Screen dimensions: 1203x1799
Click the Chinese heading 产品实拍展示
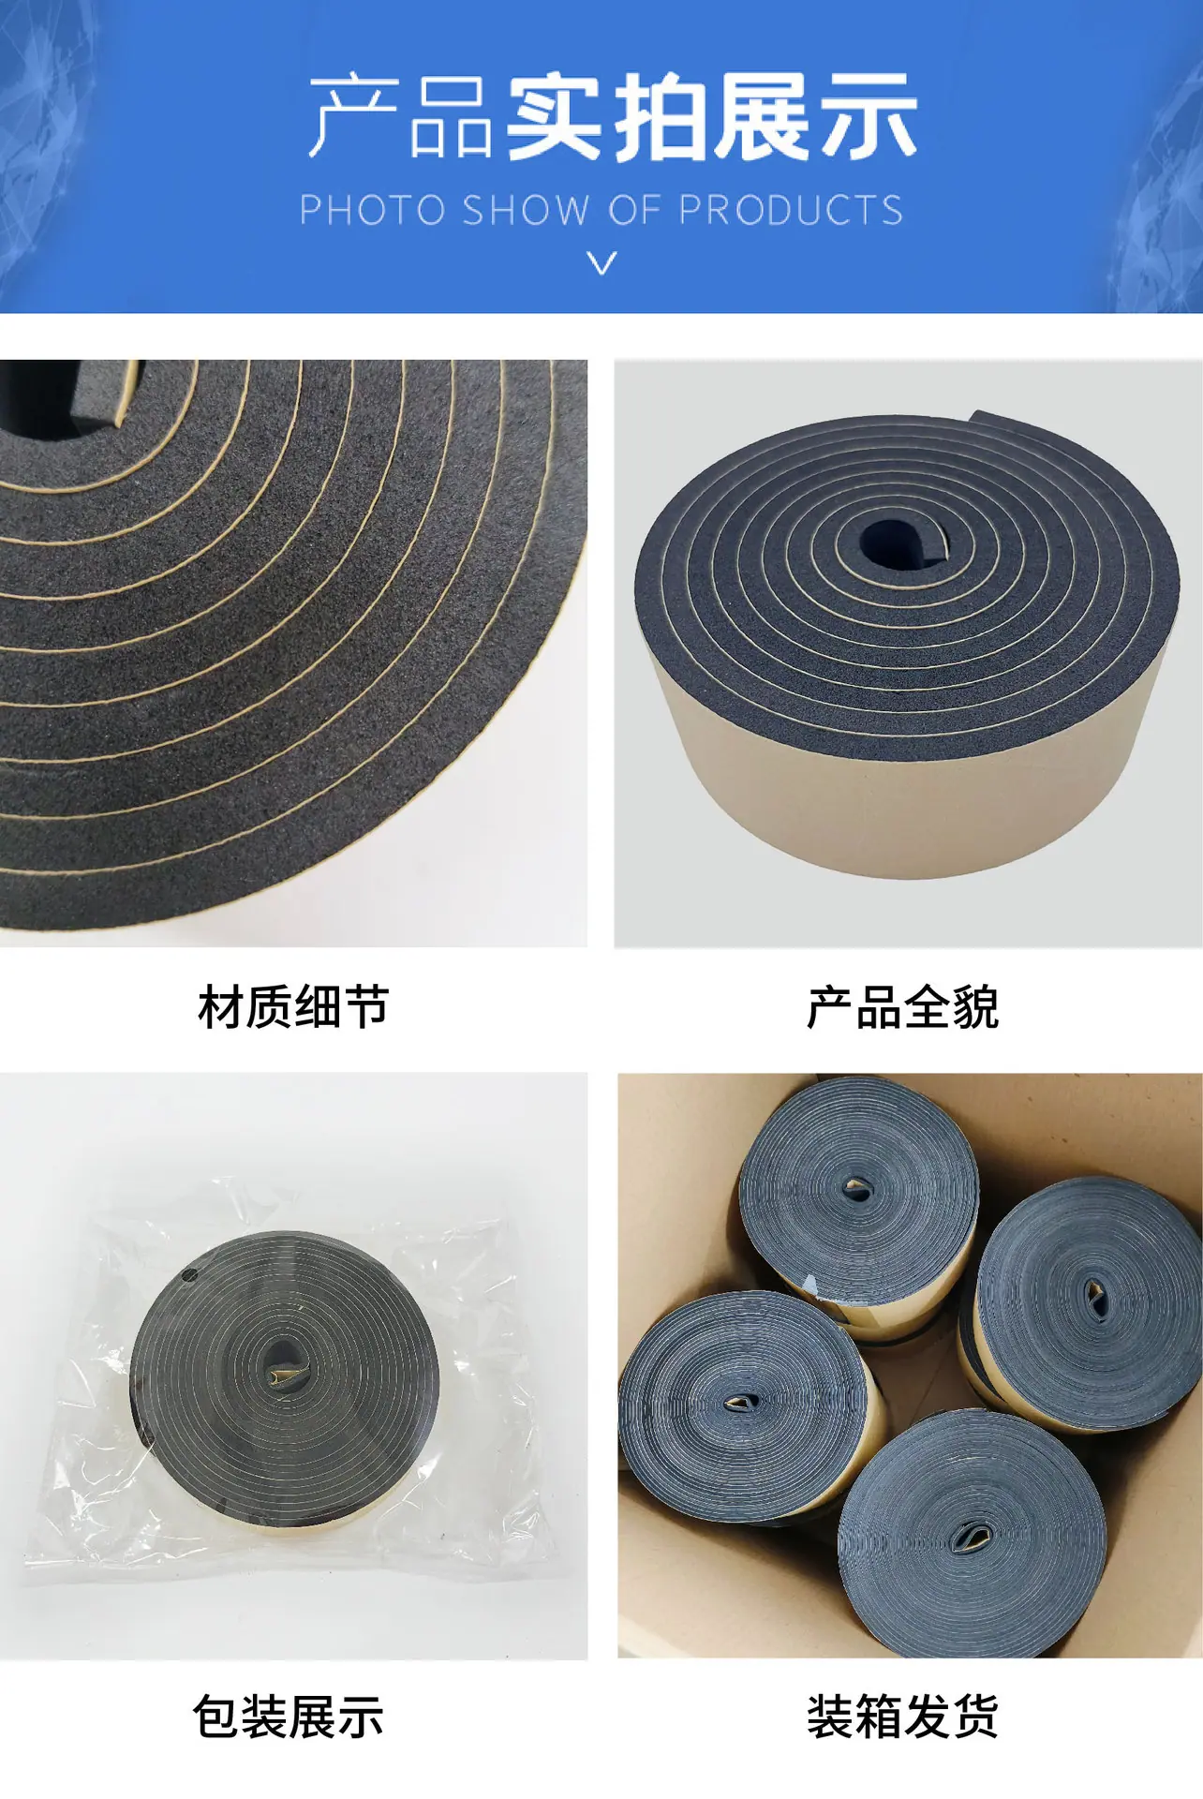614,117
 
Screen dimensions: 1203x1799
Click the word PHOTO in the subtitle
373,210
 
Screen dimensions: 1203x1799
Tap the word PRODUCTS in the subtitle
791,210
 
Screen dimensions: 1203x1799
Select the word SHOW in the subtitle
526,210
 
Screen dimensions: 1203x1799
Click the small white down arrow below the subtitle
602,262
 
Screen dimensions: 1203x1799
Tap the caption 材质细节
293,1007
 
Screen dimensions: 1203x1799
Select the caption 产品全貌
902,1007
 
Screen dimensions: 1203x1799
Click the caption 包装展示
289,1717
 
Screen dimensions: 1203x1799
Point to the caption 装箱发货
902,1717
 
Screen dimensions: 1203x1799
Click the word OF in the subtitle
633,210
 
